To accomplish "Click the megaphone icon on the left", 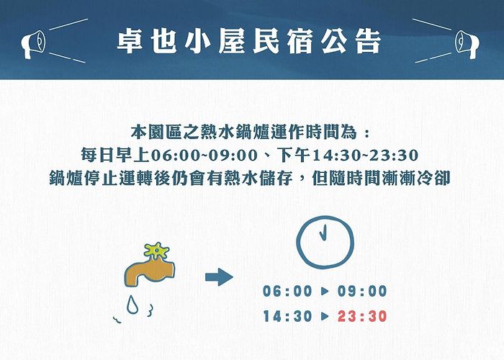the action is [x=33, y=45].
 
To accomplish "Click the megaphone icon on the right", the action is [x=467, y=45].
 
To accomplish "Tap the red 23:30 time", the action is [x=362, y=316].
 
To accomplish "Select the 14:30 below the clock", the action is [x=288, y=316].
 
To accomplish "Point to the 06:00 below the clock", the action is [x=288, y=291].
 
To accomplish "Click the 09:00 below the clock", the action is [x=362, y=291].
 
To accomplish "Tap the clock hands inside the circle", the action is [x=323, y=232].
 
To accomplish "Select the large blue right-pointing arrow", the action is [x=219, y=276].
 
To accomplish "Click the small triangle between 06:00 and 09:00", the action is [x=325, y=291].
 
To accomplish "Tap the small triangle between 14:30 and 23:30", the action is [x=325, y=316].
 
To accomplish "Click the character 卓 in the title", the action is [x=130, y=42].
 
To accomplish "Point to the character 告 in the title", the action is [x=369, y=42].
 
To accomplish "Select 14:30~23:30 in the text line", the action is [x=366, y=156].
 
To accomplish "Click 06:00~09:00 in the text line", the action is [x=204, y=156].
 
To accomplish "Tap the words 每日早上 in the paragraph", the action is [x=115, y=156].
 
